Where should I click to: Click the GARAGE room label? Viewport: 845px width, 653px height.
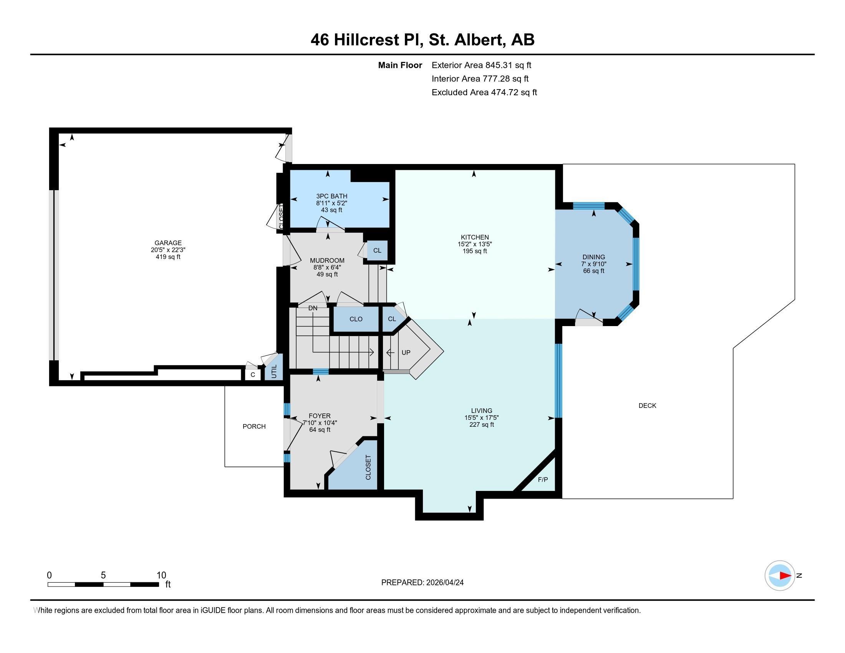coord(168,243)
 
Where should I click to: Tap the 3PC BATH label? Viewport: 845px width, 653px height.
coord(331,196)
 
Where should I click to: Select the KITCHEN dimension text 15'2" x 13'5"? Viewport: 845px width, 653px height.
coord(474,244)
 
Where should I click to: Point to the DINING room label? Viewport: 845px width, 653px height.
coord(593,257)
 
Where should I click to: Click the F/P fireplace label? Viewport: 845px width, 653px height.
coord(543,480)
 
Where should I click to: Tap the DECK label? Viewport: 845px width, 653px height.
coord(647,405)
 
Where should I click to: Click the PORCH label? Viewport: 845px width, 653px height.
coord(254,426)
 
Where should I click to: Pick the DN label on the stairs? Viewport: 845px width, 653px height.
coord(313,308)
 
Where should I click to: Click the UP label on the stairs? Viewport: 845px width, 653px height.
coord(406,352)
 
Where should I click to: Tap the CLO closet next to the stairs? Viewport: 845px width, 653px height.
coord(356,319)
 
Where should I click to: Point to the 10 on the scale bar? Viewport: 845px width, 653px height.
coord(161,575)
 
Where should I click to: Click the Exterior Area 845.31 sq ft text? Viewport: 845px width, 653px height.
coord(481,65)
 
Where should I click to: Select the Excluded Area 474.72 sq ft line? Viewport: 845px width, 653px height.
coord(484,92)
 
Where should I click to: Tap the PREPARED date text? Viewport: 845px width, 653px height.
coord(422,583)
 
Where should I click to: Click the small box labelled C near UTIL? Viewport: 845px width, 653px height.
coord(253,375)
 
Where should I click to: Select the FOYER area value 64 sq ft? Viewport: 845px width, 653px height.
coord(320,430)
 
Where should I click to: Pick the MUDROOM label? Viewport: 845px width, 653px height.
coord(327,260)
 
